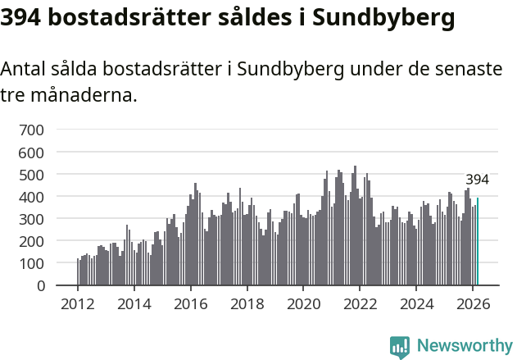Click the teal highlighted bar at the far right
(x=478, y=242)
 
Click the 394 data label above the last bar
(x=477, y=180)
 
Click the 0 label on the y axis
(x=40, y=286)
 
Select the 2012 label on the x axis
(x=78, y=303)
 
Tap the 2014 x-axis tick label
(x=134, y=303)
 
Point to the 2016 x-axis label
(x=191, y=303)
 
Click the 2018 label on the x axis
(x=247, y=303)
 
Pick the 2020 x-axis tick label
(x=303, y=303)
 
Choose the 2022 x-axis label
(x=360, y=303)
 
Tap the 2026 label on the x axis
(x=473, y=303)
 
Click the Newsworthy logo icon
(x=400, y=347)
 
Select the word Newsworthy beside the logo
(x=464, y=346)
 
